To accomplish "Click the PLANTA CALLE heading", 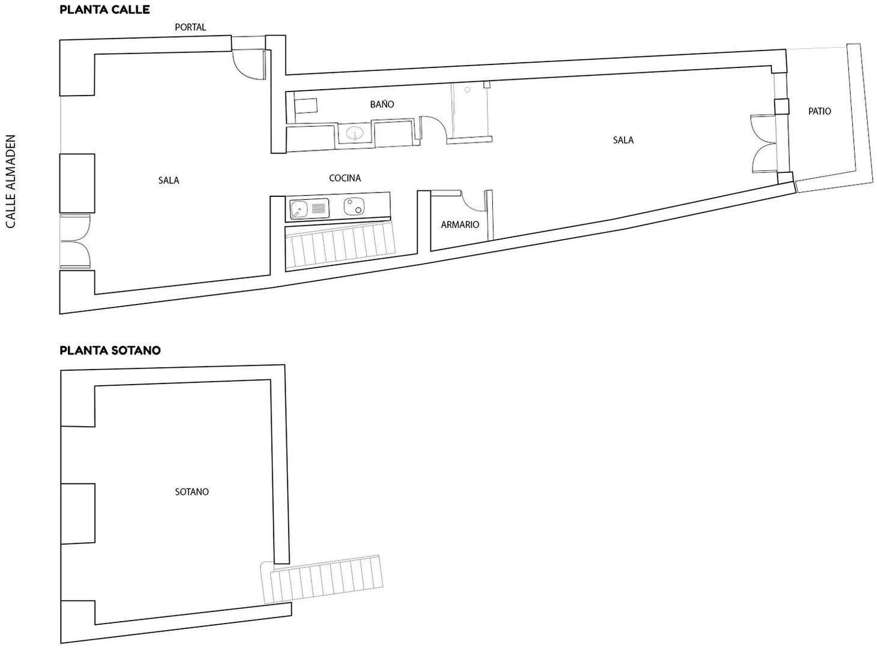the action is [105, 10].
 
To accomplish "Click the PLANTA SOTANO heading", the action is [110, 350].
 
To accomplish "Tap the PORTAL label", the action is [190, 27].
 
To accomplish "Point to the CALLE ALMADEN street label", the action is [11, 181].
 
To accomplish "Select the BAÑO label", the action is [382, 104].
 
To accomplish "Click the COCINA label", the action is [345, 178].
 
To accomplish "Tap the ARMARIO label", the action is [460, 225].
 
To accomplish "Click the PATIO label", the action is [819, 111].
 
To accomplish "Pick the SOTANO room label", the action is [192, 492].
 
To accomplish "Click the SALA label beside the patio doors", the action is [623, 140].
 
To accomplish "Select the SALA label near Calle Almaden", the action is [168, 181].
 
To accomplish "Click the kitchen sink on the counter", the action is [309, 209].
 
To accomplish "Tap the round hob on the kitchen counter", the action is [354, 206].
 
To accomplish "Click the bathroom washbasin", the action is [355, 133].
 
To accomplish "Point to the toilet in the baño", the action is [305, 106].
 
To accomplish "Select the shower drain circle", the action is [468, 90].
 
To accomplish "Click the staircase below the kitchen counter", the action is [340, 246].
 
